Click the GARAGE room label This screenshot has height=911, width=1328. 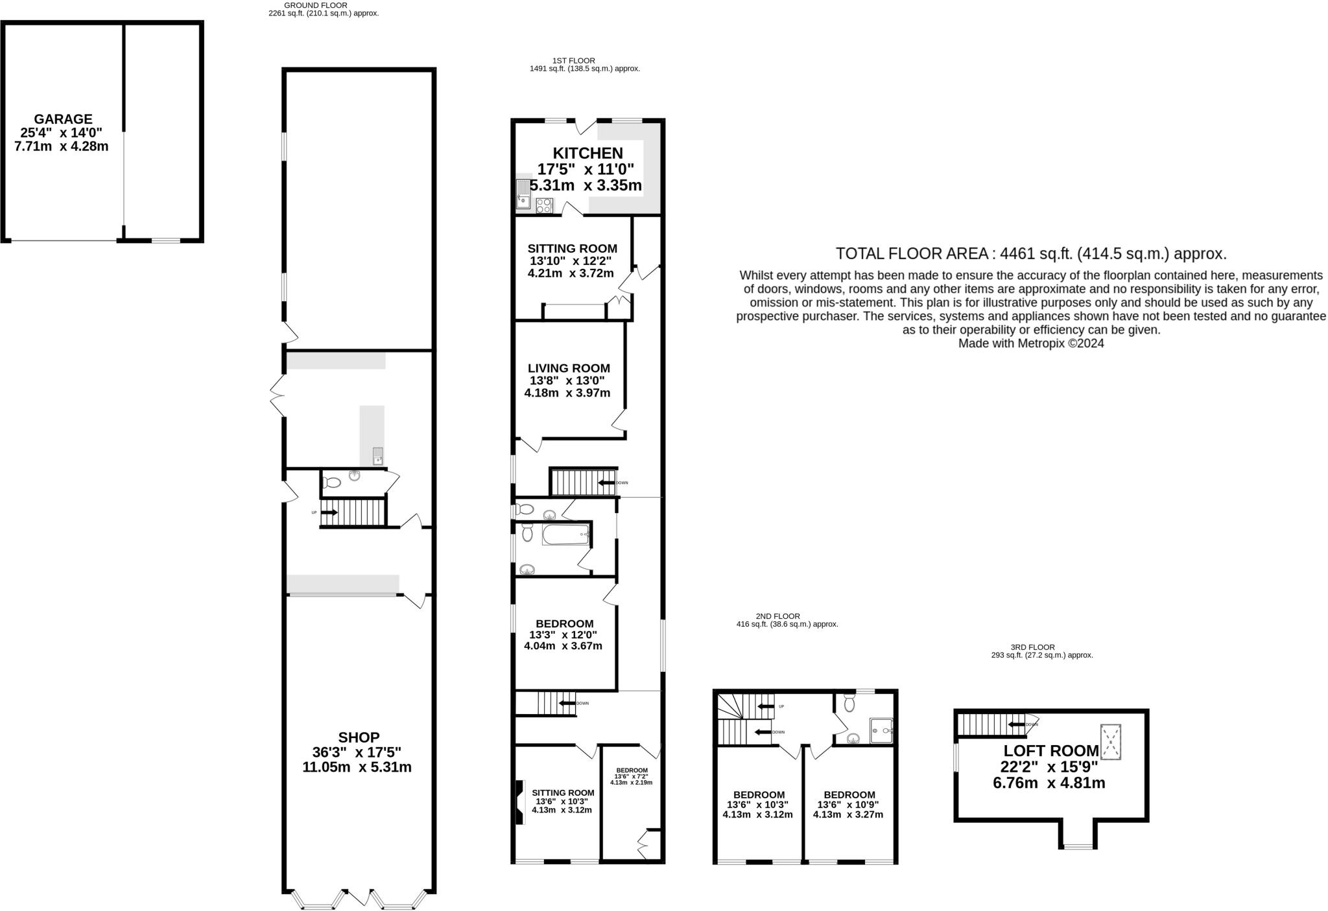(x=63, y=119)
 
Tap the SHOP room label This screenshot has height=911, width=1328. (x=359, y=737)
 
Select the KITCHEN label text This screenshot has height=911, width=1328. (x=587, y=154)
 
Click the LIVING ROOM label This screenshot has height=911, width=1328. (x=569, y=369)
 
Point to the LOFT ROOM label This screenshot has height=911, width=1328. (x=1051, y=751)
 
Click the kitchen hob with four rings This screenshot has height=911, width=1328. (x=544, y=205)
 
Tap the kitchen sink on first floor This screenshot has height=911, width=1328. (x=523, y=194)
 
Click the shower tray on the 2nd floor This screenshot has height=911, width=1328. (x=881, y=730)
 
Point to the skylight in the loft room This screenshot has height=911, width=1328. (x=1111, y=742)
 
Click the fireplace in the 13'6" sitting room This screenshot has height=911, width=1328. (x=520, y=802)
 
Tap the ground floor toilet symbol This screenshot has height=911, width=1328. (x=332, y=483)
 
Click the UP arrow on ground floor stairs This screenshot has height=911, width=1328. (x=329, y=513)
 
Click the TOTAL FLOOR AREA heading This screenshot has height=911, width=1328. (x=1030, y=253)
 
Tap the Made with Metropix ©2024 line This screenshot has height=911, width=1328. (x=1030, y=344)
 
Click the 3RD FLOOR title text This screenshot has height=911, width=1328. (x=1032, y=647)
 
